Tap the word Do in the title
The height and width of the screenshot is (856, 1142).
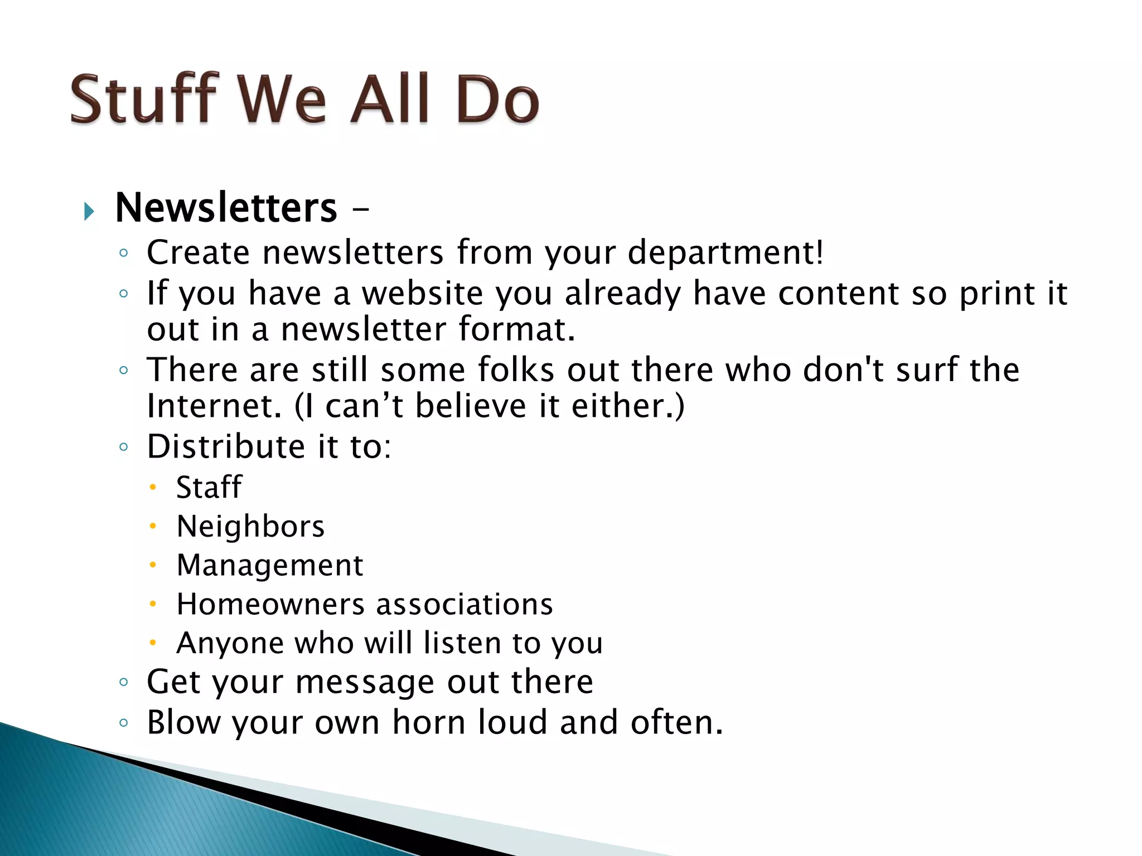click(497, 99)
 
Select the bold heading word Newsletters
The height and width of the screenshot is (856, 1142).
click(226, 208)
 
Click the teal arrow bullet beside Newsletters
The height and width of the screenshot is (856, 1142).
click(89, 211)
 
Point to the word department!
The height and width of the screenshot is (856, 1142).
click(725, 252)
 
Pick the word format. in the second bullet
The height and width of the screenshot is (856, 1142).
click(516, 329)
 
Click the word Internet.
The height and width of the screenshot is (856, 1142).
click(214, 406)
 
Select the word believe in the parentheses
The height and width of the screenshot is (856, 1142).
click(471, 406)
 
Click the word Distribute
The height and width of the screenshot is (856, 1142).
click(226, 446)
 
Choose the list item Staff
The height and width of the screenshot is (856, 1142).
click(209, 487)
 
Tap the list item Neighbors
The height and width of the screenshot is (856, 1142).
click(250, 527)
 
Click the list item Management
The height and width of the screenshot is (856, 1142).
click(270, 566)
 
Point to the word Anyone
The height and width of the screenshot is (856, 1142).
click(229, 643)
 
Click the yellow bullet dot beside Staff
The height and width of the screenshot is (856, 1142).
click(152, 488)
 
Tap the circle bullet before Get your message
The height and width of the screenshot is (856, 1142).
click(124, 682)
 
